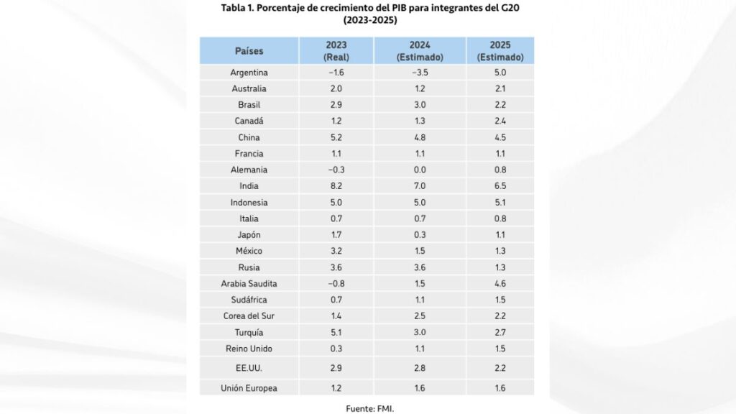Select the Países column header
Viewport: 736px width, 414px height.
pyautogui.click(x=249, y=51)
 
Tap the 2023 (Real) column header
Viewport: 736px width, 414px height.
pyautogui.click(x=336, y=51)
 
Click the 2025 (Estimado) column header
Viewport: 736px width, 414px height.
pyautogui.click(x=500, y=51)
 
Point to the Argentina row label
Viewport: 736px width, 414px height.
pyautogui.click(x=249, y=73)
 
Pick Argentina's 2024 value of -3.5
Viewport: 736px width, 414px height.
pyautogui.click(x=420, y=73)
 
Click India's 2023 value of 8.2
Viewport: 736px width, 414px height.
pyautogui.click(x=336, y=186)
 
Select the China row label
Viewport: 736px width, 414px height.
pyautogui.click(x=249, y=137)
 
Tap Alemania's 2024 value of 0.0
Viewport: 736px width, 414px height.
pyautogui.click(x=420, y=170)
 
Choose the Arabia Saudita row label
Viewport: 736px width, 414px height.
pyautogui.click(x=249, y=283)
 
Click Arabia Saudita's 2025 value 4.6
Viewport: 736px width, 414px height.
pyautogui.click(x=500, y=283)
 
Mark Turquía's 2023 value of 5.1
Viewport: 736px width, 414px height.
pyautogui.click(x=336, y=332)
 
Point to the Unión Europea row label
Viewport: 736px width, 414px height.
pyautogui.click(x=249, y=388)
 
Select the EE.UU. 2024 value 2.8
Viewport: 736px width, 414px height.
pyautogui.click(x=420, y=368)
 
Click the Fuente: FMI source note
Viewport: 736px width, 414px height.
pyautogui.click(x=369, y=408)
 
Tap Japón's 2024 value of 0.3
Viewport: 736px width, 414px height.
pyautogui.click(x=420, y=234)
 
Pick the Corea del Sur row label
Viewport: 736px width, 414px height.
pyautogui.click(x=249, y=316)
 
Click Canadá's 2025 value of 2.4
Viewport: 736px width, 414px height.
pyautogui.click(x=500, y=121)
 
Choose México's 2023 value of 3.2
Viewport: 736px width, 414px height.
pyautogui.click(x=336, y=251)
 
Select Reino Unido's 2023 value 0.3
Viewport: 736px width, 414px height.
pyautogui.click(x=336, y=348)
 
